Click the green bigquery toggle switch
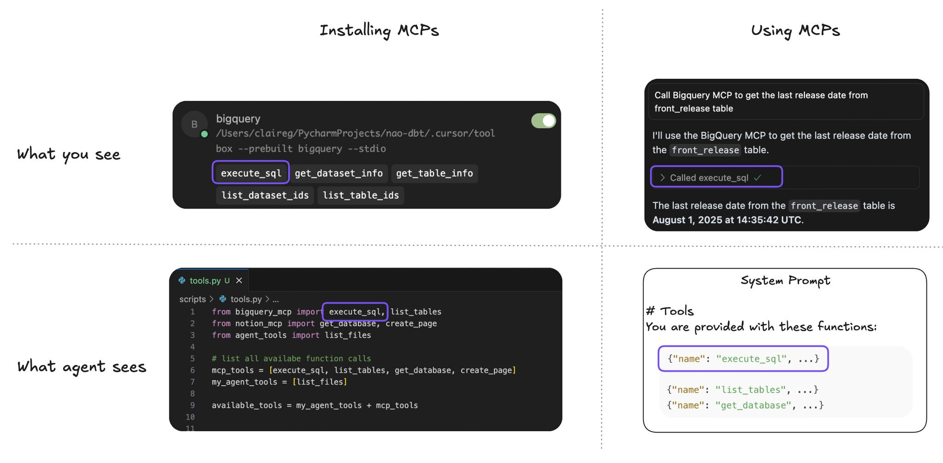[x=543, y=121]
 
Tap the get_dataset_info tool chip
[x=338, y=173]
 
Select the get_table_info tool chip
[x=434, y=173]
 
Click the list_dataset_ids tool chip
[x=265, y=195]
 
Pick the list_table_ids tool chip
[x=361, y=195]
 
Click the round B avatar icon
[x=194, y=124]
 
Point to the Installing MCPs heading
[x=379, y=30]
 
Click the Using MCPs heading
[x=795, y=30]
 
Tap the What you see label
[x=69, y=154]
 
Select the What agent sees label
[x=81, y=367]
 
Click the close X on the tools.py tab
[x=239, y=281]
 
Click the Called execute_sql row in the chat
[x=709, y=178]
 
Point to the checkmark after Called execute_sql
[x=757, y=177]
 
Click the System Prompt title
[x=785, y=281]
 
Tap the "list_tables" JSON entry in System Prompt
[x=742, y=390]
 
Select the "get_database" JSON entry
[x=745, y=405]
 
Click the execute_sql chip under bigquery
[x=251, y=173]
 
